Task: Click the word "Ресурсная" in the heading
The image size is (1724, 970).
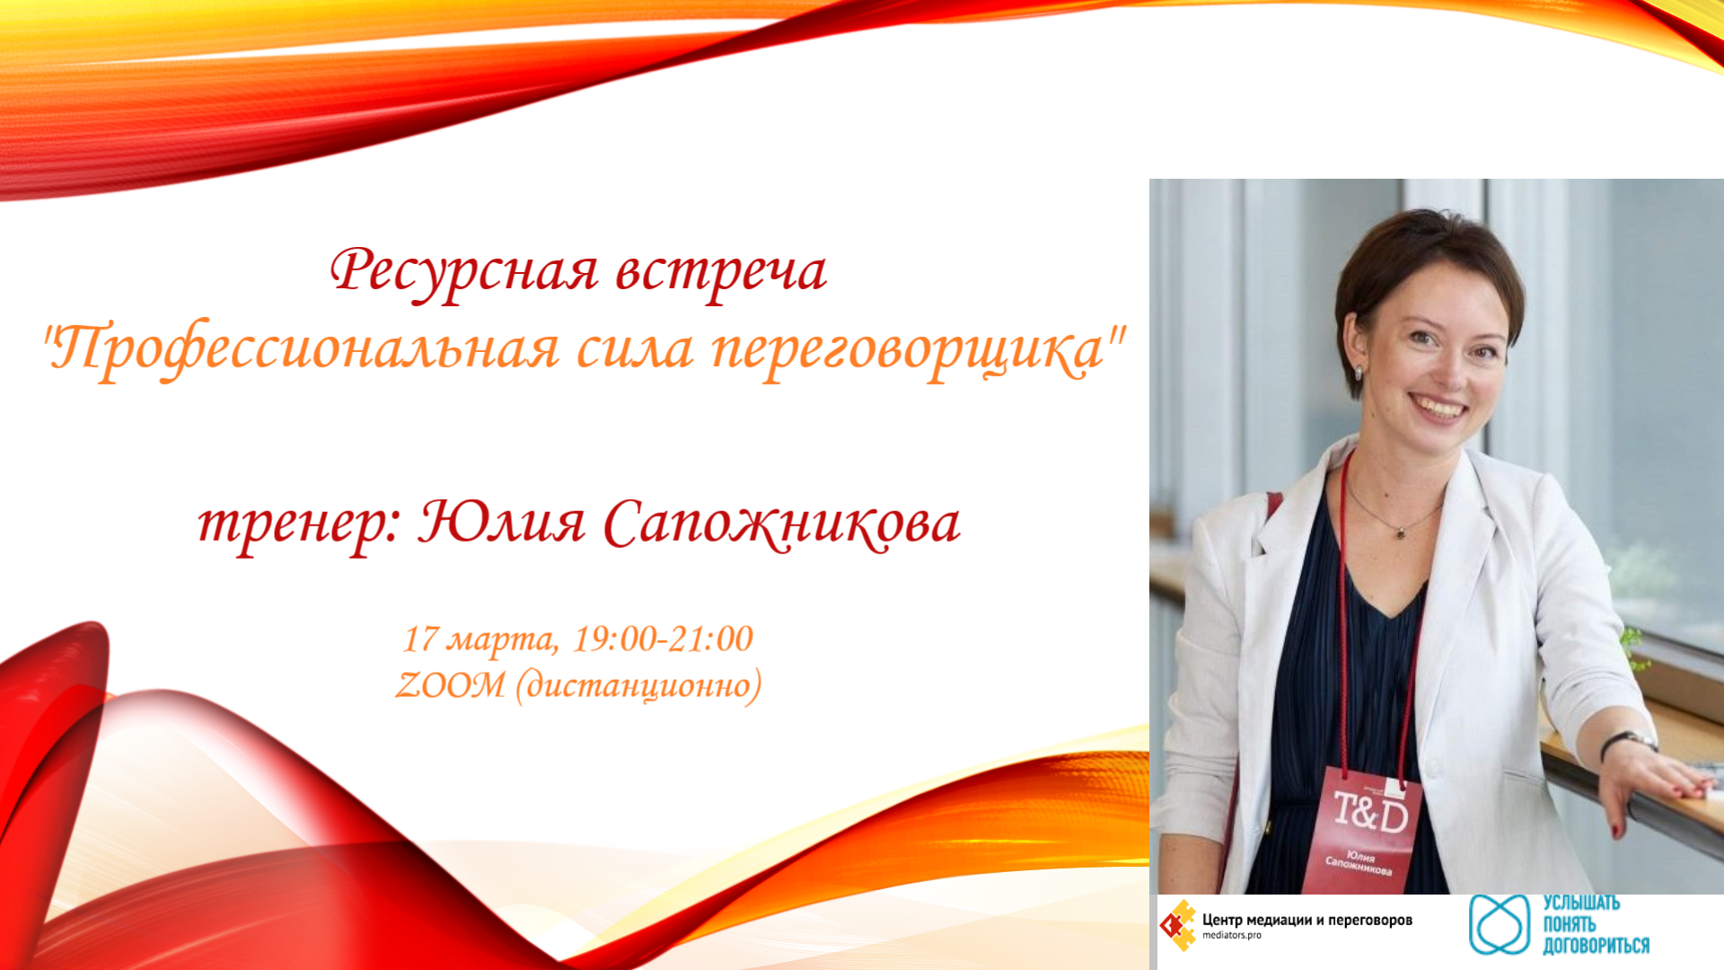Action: click(x=464, y=272)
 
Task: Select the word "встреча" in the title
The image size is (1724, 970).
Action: click(x=721, y=272)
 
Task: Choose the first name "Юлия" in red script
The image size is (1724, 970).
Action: click(x=502, y=522)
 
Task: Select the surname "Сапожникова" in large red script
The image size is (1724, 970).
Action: click(x=782, y=524)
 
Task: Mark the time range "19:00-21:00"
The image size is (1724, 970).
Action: click(x=664, y=639)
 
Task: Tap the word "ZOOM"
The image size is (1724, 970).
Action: click(x=451, y=685)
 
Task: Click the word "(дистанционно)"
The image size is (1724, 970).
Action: click(x=638, y=686)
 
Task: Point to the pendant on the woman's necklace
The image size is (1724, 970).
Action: click(x=1400, y=533)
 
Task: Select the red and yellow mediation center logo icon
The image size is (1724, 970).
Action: click(x=1177, y=925)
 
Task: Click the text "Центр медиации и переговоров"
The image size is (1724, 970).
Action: click(x=1307, y=920)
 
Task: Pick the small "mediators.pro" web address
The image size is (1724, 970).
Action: click(x=1232, y=936)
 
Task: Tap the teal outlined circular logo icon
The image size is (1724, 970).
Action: click(x=1500, y=924)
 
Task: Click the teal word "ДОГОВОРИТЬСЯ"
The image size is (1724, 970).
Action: click(x=1596, y=946)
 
